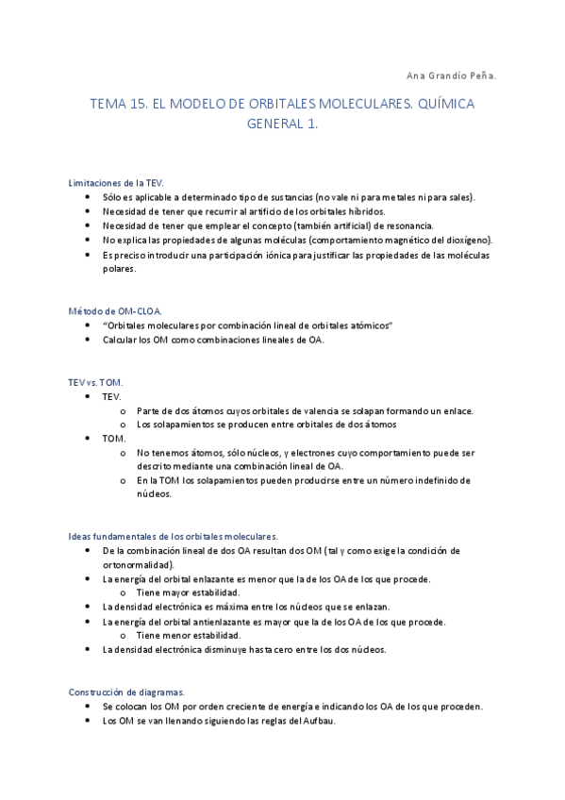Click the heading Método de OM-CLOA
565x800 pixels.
pos(114,310)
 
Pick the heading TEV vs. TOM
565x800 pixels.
pos(95,382)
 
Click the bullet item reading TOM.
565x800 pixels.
pos(113,439)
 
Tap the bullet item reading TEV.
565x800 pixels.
pos(111,396)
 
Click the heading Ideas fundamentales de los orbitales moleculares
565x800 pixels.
pos(174,536)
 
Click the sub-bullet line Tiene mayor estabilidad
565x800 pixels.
pos(188,592)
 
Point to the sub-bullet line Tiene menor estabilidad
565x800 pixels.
pos(188,635)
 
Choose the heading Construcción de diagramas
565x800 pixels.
pos(126,692)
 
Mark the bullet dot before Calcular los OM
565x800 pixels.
pos(88,340)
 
